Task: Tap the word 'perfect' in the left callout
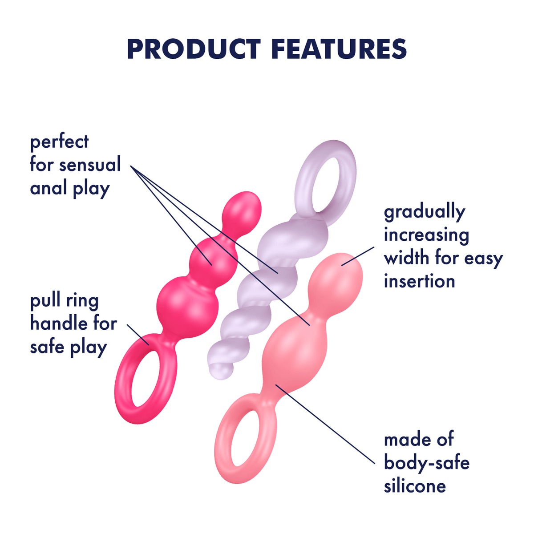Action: (59, 142)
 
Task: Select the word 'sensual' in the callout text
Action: (90, 165)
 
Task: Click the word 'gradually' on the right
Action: (424, 212)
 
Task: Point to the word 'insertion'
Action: (419, 281)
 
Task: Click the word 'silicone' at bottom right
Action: (415, 485)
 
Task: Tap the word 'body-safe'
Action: (426, 463)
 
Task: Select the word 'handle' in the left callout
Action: (58, 323)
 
